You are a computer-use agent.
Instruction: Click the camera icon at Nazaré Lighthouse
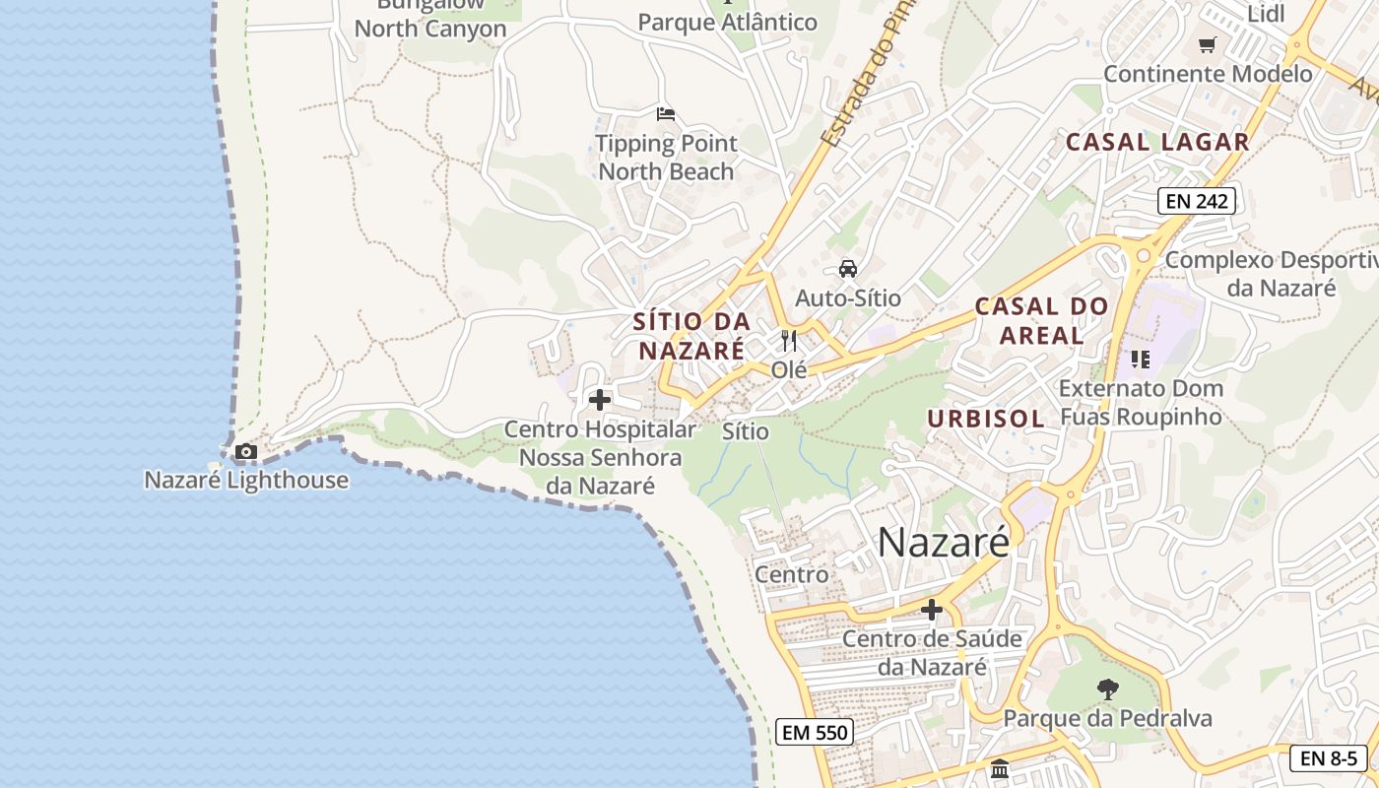(x=246, y=452)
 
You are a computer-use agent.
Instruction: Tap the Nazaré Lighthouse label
(x=246, y=481)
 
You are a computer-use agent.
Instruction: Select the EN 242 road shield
(x=1196, y=201)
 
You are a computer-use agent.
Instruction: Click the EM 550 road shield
(x=814, y=732)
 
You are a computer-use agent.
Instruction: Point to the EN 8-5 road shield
(x=1329, y=758)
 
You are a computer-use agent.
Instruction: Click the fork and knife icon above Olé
(x=788, y=341)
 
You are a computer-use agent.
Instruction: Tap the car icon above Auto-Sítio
(x=847, y=268)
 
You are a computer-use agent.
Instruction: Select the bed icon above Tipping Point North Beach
(x=666, y=114)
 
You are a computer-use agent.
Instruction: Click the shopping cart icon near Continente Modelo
(x=1208, y=44)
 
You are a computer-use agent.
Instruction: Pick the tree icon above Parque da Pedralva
(x=1108, y=689)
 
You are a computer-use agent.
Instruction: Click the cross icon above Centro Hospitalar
(x=599, y=400)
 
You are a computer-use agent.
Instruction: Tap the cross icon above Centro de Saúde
(x=932, y=610)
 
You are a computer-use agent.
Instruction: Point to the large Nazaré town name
(x=943, y=542)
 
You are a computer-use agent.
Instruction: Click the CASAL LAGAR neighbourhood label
(x=1157, y=142)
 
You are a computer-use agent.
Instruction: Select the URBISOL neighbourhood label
(x=986, y=419)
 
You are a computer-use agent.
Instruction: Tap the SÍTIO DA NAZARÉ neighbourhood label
(x=691, y=336)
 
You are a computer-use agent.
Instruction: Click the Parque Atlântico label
(x=727, y=22)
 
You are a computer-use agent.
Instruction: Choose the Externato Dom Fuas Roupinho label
(x=1141, y=402)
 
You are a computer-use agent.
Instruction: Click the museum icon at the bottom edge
(x=1000, y=768)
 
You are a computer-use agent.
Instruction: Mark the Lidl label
(x=1267, y=14)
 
